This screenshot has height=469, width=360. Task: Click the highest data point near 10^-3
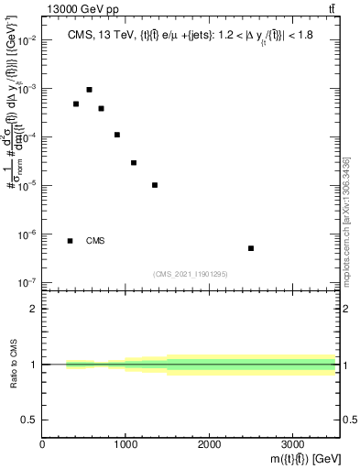pos(89,90)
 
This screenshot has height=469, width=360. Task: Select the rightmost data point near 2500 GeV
pos(251,248)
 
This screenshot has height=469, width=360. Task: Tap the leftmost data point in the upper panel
pos(76,104)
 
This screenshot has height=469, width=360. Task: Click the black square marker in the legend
pos(70,241)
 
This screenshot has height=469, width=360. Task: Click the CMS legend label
pos(95,241)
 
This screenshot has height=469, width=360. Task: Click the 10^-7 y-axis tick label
pos(27,282)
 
